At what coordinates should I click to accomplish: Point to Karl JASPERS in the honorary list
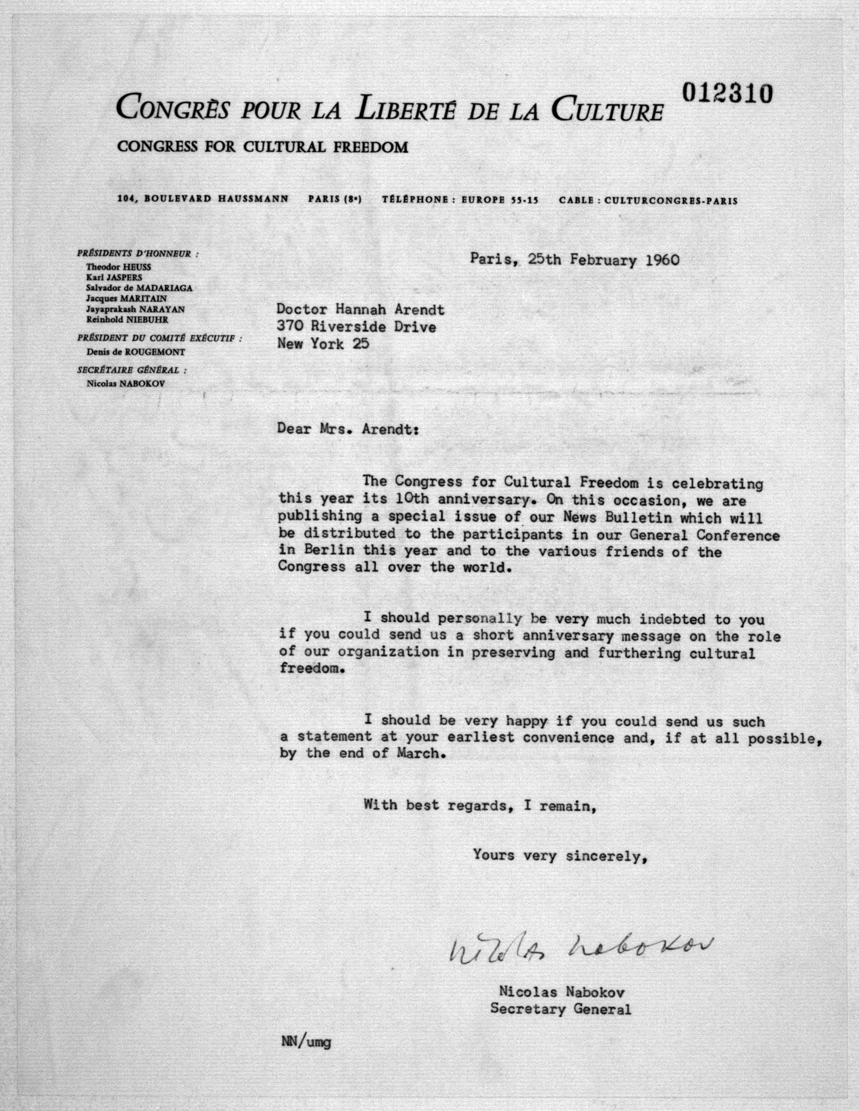[114, 277]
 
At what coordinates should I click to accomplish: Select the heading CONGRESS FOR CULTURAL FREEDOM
[262, 147]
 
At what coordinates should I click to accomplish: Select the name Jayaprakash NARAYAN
[135, 309]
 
